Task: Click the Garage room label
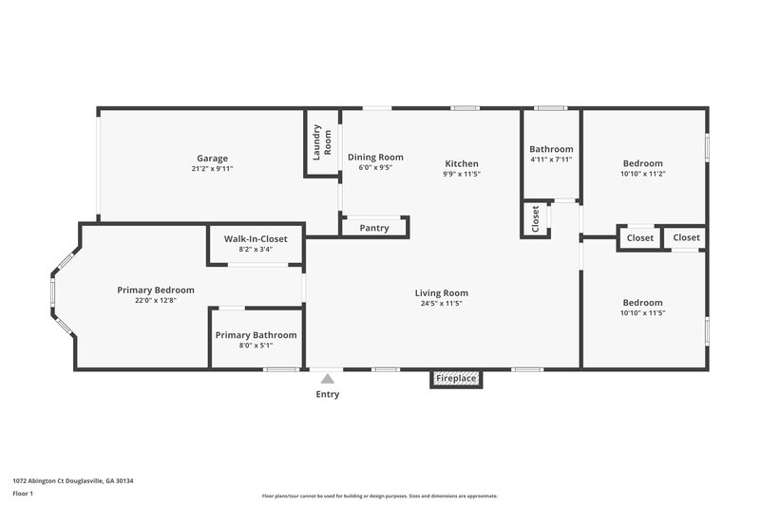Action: click(213, 159)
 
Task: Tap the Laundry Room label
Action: click(323, 141)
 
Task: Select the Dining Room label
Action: click(375, 157)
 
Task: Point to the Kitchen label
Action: click(462, 163)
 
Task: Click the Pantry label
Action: click(374, 228)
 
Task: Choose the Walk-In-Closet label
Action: click(255, 238)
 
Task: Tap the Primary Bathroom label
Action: click(256, 335)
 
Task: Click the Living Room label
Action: click(442, 292)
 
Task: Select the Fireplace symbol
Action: click(456, 379)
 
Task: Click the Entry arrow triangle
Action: click(327, 378)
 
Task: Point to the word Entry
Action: click(327, 394)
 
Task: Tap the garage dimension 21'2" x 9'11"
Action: click(213, 169)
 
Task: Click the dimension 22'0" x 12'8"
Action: click(156, 300)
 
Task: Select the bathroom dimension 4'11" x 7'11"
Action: click(551, 159)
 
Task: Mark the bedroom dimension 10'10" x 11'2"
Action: click(643, 174)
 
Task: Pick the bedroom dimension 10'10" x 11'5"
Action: click(643, 312)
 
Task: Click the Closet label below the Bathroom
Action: click(535, 220)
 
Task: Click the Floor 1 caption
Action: click(24, 495)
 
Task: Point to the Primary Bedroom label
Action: click(156, 290)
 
